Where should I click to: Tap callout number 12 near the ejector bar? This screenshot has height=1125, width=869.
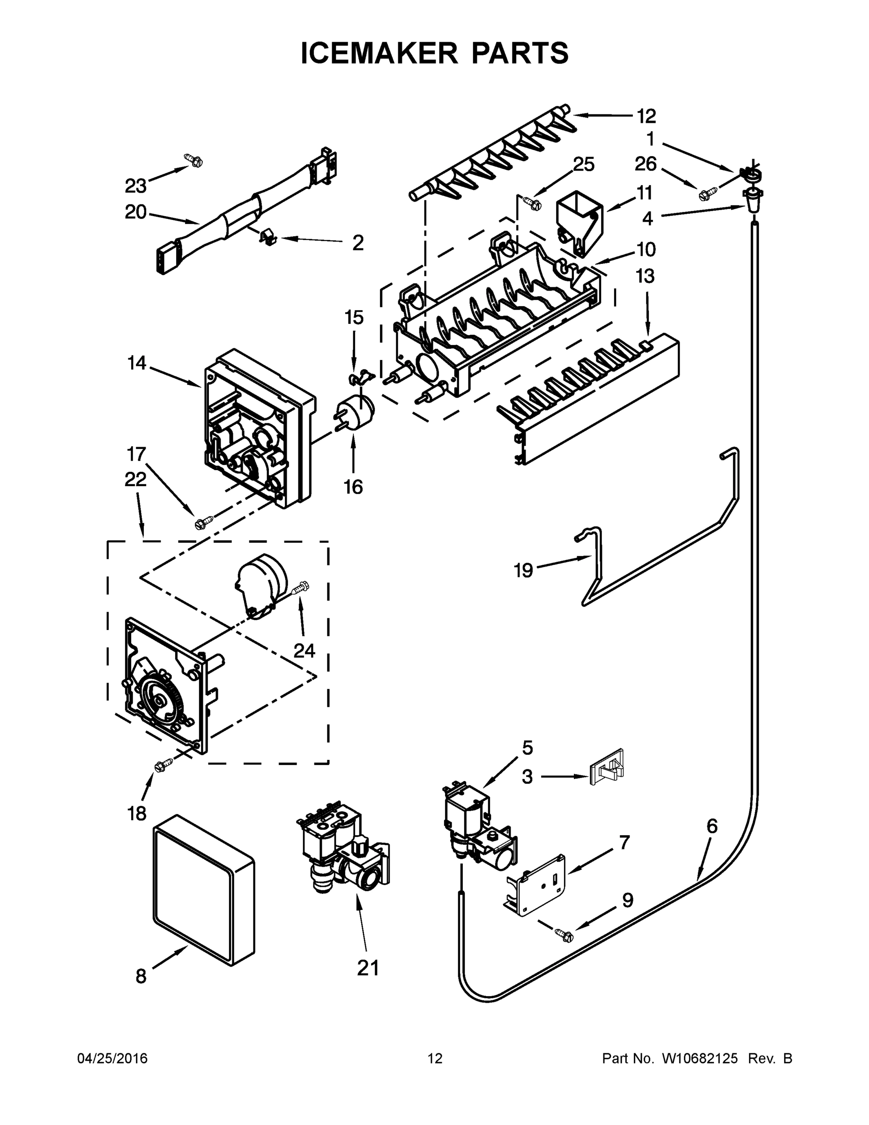[x=646, y=116]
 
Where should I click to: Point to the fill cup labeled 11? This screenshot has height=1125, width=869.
[x=579, y=222]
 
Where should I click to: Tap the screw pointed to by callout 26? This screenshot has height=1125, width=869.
[x=707, y=195]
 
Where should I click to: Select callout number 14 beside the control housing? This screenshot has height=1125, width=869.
[x=136, y=363]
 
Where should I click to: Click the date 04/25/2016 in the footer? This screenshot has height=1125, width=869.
[x=112, y=1058]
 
